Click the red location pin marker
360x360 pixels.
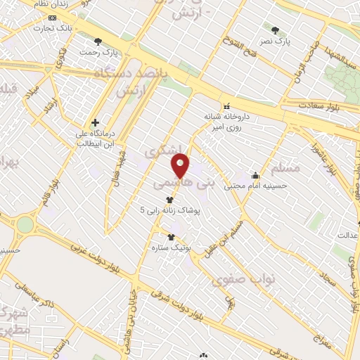(x=181, y=167)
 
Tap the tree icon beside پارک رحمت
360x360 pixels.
(x=98, y=41)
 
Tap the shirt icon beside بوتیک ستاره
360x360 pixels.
(x=170, y=237)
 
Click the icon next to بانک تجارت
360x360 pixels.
(x=51, y=17)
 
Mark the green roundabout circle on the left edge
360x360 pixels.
(x=25, y=224)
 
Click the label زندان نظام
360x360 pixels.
(x=49, y=4)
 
